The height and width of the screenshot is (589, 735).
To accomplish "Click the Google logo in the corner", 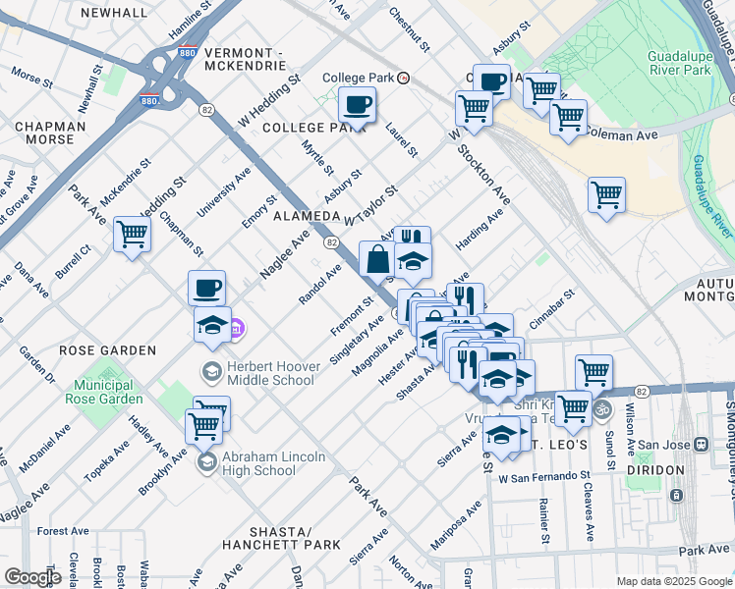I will pos(32,577).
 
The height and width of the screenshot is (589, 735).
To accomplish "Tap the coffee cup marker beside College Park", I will pos(357,104).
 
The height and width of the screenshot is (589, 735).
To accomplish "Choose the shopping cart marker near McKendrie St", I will pos(132,235).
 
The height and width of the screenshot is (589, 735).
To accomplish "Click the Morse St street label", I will pos(31,76).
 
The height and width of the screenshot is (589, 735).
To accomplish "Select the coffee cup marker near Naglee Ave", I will pos(206,289).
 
